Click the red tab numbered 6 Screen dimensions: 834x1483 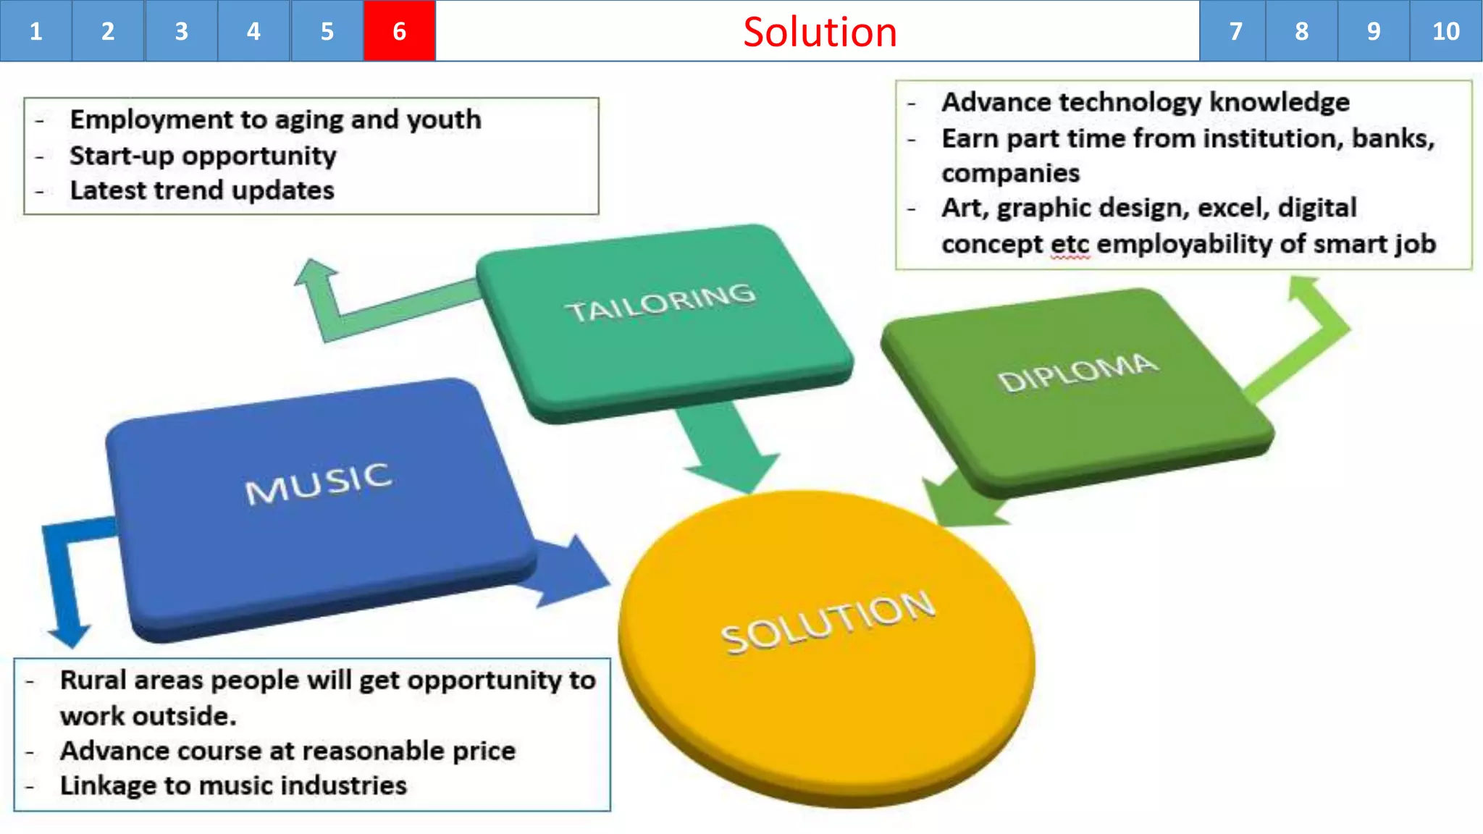pyautogui.click(x=399, y=31)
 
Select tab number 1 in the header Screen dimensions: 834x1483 pyautogui.click(x=35, y=31)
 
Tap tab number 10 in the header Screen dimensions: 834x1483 pyautogui.click(x=1445, y=31)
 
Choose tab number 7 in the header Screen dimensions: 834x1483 pyautogui.click(x=1235, y=31)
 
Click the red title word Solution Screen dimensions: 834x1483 pyautogui.click(x=820, y=33)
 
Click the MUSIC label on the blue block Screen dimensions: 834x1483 pyautogui.click(x=319, y=484)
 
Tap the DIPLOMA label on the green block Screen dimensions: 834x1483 pyautogui.click(x=1077, y=372)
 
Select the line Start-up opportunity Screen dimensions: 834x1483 pyautogui.click(x=203, y=156)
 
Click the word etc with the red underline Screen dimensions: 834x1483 pyautogui.click(x=1070, y=244)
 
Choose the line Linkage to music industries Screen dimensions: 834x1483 pyautogui.click(x=233, y=785)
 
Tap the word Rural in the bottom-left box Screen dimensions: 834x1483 pyautogui.click(x=92, y=681)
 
